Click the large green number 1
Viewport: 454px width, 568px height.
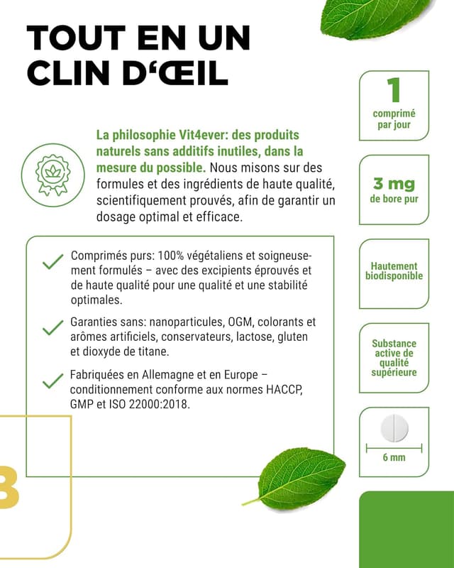point(394,90)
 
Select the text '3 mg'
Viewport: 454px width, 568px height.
point(394,185)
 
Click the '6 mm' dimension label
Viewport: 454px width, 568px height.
point(394,457)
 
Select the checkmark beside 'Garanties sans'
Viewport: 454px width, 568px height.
point(52,328)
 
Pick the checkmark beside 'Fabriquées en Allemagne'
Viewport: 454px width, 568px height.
point(52,381)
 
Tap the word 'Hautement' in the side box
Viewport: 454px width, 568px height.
point(394,266)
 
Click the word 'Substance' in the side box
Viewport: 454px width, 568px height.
point(394,344)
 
